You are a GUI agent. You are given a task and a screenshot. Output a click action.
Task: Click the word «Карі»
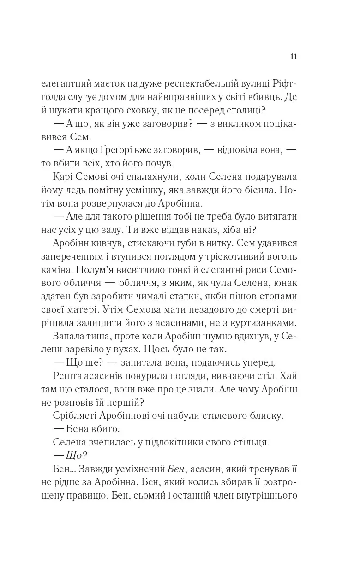[x=64, y=178]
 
